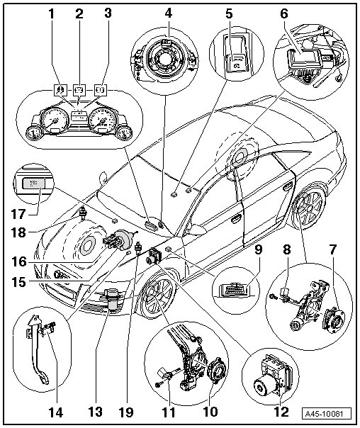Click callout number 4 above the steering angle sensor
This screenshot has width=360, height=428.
(x=169, y=13)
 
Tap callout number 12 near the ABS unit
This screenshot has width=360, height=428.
(x=281, y=412)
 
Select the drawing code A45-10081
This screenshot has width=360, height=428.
(x=327, y=414)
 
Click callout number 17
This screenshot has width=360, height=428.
(x=18, y=214)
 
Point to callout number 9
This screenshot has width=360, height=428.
(x=258, y=249)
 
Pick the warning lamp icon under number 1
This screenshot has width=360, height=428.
(x=61, y=89)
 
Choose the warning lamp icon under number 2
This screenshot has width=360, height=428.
(x=79, y=89)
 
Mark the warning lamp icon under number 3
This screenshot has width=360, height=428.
(x=101, y=89)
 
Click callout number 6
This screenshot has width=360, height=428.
(x=284, y=13)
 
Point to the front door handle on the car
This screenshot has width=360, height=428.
(x=237, y=219)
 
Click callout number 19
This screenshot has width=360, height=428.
(x=126, y=412)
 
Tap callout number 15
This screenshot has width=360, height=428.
(x=18, y=282)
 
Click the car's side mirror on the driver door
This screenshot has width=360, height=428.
(x=197, y=230)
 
